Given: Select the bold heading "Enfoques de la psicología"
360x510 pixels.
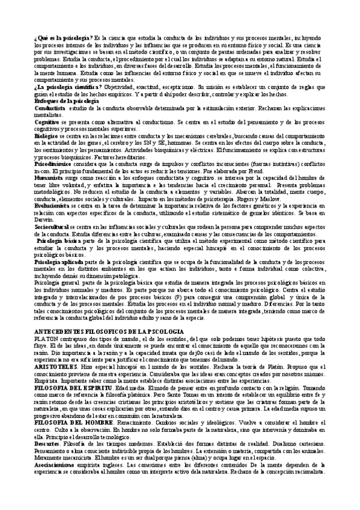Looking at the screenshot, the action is (x=66, y=100).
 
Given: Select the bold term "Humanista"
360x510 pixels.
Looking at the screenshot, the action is (x=49, y=177).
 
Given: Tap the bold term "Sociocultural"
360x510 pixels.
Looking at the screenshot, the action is (x=52, y=227).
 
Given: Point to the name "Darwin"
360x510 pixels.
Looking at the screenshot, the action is (x=43, y=220).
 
